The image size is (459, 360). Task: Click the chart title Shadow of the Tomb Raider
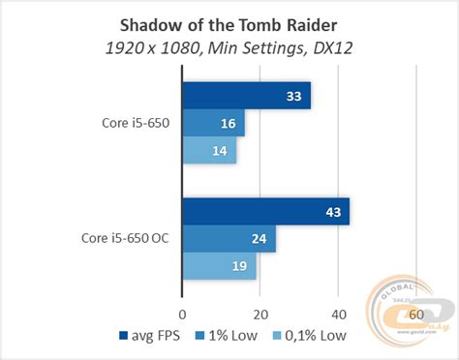pyautogui.click(x=229, y=22)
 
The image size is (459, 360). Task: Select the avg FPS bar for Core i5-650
pyautogui.click(x=246, y=96)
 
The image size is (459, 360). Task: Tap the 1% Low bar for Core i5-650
pyautogui.click(x=213, y=124)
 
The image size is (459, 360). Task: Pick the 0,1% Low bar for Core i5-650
pyautogui.click(x=209, y=151)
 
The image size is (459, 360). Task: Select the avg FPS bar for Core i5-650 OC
pyautogui.click(x=265, y=212)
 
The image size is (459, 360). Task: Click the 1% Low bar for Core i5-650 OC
pyautogui.click(x=229, y=239)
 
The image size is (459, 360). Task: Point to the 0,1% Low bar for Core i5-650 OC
pyautogui.click(x=219, y=266)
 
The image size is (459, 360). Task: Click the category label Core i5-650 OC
pyautogui.click(x=123, y=239)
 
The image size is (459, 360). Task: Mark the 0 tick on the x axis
pyautogui.click(x=182, y=314)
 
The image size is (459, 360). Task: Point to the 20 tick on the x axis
pyautogui.click(x=260, y=314)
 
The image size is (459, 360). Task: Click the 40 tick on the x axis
pyautogui.click(x=338, y=314)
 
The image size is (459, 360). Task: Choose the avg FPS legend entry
pyautogui.click(x=154, y=337)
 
